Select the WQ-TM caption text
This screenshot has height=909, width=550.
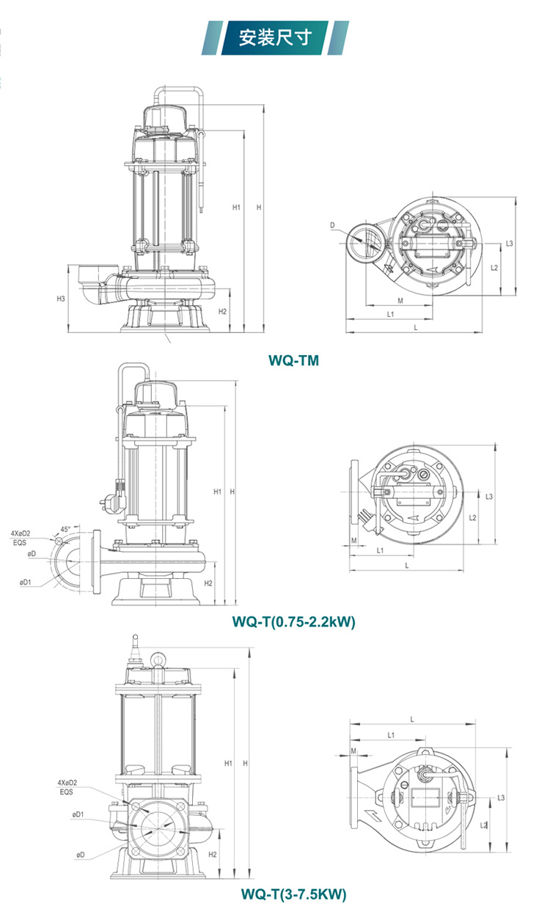(294, 360)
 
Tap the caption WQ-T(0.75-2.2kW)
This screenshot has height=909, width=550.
(294, 622)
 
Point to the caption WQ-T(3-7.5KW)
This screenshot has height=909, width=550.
(293, 894)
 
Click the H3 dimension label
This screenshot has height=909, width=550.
(61, 299)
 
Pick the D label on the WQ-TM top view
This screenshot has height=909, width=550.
(332, 224)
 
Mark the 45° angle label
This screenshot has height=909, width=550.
(66, 529)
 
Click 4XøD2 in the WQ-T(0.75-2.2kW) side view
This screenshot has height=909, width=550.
(21, 534)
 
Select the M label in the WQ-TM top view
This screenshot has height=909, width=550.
(400, 301)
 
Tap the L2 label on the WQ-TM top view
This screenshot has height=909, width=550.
(494, 267)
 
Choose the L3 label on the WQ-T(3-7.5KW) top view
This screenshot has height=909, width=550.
(501, 797)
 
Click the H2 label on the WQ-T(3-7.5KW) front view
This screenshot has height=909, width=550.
(213, 855)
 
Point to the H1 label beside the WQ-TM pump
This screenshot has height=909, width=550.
(236, 208)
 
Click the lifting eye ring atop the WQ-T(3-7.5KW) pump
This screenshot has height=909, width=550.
(159, 660)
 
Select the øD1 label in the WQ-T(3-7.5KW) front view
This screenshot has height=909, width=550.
(78, 815)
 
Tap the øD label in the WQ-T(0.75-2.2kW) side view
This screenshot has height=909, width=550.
(32, 554)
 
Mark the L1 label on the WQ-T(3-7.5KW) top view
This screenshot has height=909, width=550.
(391, 734)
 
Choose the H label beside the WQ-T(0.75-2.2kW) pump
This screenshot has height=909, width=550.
(232, 491)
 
